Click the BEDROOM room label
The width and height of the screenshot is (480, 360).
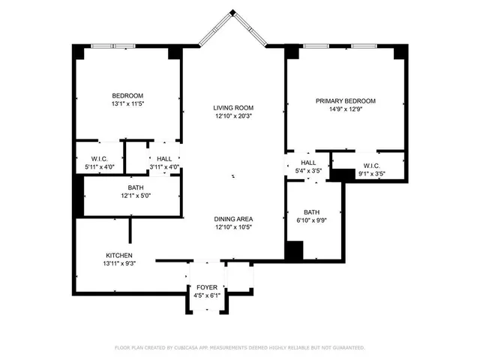tap(127, 95)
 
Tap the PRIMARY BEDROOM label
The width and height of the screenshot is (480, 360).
tap(345, 101)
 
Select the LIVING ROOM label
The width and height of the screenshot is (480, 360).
tap(233, 107)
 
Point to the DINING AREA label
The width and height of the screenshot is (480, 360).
tap(233, 219)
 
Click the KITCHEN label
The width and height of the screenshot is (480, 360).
tap(118, 256)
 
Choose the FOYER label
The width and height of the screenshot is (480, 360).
tap(206, 287)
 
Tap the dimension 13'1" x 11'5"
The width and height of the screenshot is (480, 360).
tap(127, 104)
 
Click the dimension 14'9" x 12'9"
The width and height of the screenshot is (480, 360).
tap(345, 110)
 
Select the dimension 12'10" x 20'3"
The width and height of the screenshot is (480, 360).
tap(233, 116)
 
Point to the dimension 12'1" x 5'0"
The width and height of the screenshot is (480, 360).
tap(136, 196)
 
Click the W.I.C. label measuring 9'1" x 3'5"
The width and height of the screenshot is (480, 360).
tap(371, 166)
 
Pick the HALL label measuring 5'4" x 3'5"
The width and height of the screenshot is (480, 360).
tap(308, 163)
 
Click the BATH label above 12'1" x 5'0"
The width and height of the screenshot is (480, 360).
tap(136, 187)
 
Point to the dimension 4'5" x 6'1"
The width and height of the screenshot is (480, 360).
tap(206, 296)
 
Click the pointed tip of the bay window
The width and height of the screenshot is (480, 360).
tap(233, 10)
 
